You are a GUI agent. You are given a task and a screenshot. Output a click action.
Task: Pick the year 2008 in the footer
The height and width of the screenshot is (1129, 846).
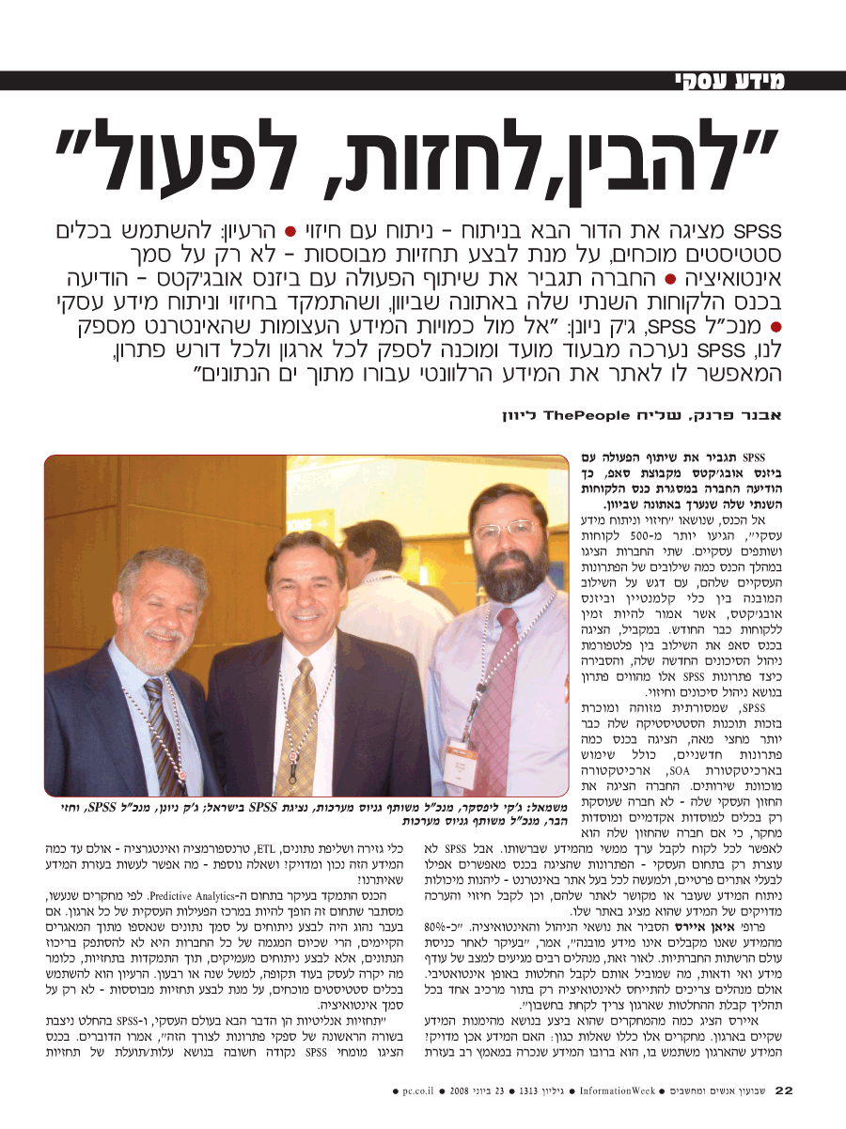pyautogui.click(x=458, y=1091)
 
